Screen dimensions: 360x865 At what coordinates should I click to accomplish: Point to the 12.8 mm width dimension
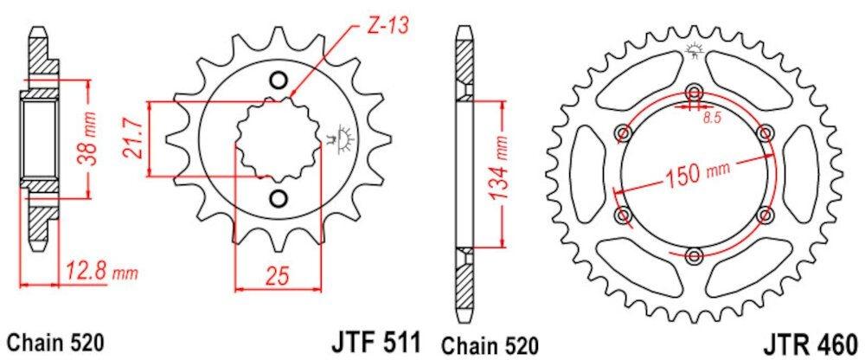[x=100, y=275]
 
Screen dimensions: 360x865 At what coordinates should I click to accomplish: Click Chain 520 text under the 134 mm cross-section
[x=489, y=340]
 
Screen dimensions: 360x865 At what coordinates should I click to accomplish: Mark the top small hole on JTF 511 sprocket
[x=278, y=81]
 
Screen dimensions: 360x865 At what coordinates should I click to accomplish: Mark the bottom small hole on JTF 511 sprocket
[x=278, y=199]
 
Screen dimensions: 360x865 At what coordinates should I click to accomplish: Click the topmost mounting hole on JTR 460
[x=695, y=93]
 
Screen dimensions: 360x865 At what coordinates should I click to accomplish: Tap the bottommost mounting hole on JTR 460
[x=695, y=254]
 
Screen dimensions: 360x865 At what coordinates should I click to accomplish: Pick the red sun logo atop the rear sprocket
[x=695, y=51]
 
